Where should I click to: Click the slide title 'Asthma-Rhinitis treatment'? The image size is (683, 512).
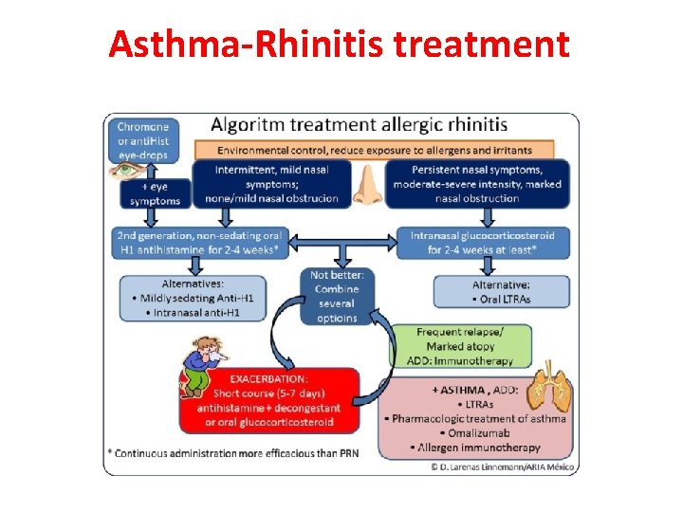click(x=339, y=44)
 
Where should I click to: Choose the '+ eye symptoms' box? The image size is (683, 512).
click(x=154, y=193)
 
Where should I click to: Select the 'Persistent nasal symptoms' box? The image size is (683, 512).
click(x=476, y=183)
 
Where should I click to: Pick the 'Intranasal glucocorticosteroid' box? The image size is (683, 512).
click(x=483, y=242)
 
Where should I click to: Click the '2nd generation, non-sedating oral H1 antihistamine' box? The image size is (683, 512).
click(x=198, y=242)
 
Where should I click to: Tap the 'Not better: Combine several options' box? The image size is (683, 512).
click(x=336, y=296)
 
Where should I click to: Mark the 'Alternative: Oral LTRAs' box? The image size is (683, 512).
click(x=501, y=292)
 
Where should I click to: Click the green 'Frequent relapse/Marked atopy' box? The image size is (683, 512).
click(x=461, y=346)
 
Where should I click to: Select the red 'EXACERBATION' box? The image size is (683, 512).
click(x=269, y=401)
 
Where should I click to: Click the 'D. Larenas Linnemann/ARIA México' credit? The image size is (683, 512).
click(x=503, y=466)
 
